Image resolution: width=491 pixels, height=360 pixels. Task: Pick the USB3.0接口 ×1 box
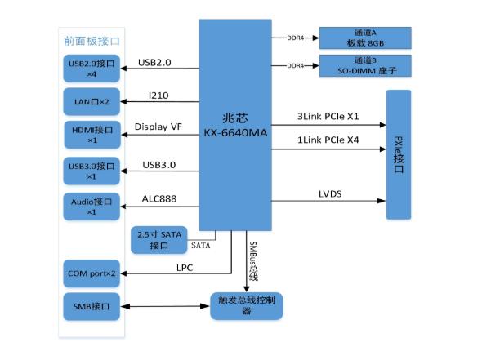92,171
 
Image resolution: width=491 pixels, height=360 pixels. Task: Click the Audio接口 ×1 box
92,206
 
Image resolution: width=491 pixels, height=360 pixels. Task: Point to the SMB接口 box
92,306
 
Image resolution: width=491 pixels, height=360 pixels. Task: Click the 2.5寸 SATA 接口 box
159,239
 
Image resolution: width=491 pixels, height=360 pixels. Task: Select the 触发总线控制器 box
246,306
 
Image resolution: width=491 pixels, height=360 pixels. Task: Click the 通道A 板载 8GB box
365,38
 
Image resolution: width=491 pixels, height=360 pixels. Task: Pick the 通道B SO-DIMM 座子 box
365,66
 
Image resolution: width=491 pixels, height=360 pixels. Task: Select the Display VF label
158,126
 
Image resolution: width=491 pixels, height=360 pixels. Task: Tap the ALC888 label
158,198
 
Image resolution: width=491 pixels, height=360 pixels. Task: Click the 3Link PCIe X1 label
329,118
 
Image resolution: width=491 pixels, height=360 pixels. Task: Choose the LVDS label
332,193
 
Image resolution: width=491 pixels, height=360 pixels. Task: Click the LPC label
185,266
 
